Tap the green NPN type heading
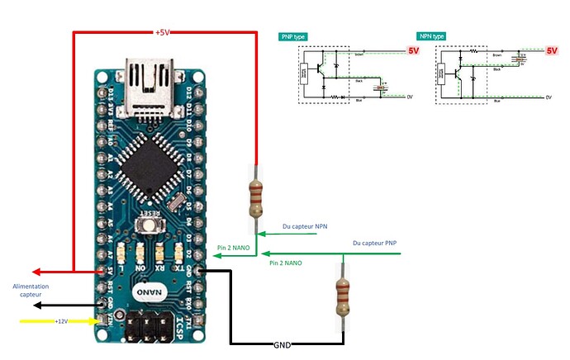[431, 37]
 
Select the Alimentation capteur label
[31, 290]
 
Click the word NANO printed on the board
[149, 292]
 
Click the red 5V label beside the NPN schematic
[553, 50]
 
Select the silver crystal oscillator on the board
[175, 201]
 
